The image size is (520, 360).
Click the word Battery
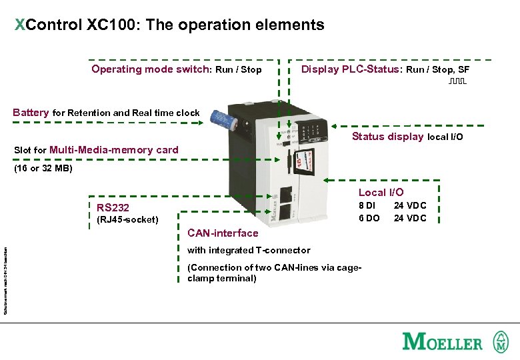coord(31,113)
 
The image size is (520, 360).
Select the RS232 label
coord(113,207)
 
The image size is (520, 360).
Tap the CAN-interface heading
coord(223,233)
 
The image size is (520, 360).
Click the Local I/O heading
coord(381,193)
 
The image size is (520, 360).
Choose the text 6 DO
coord(369,218)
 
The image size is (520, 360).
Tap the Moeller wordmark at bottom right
coord(442,342)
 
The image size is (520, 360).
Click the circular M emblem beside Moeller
coord(500,342)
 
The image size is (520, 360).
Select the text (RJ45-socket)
coord(127,219)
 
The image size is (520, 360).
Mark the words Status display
coord(387,137)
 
